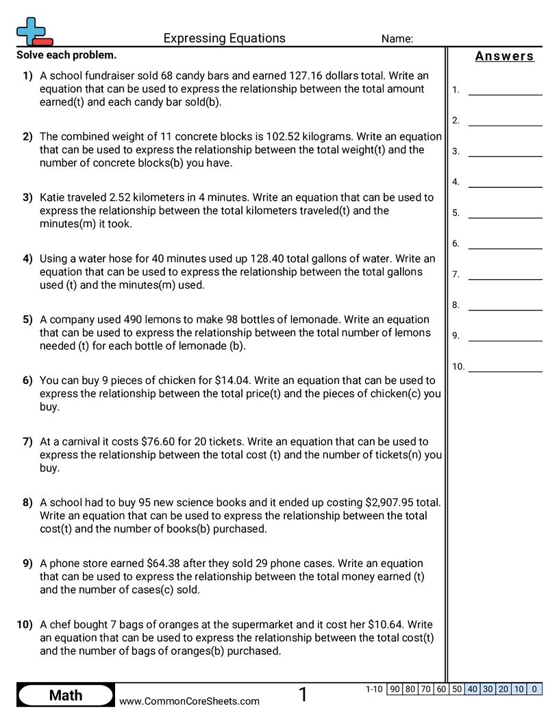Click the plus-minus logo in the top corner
tap(33, 32)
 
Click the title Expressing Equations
tap(224, 38)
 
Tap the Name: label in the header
tap(397, 39)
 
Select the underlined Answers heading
tap(504, 56)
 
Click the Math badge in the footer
tap(66, 695)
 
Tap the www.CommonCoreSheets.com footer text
tap(190, 701)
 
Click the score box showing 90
tap(395, 689)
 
